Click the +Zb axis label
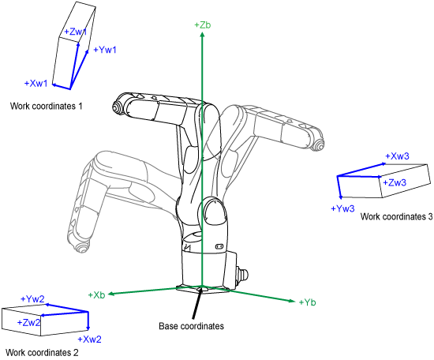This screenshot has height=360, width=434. (203, 25)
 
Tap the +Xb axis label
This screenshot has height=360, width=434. (96, 295)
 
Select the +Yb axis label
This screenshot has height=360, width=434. (307, 302)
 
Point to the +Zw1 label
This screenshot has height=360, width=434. (76, 32)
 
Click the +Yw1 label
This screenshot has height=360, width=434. (105, 50)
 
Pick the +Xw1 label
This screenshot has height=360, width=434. (36, 83)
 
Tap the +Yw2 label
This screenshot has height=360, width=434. (32, 298)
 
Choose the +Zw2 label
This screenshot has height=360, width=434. (28, 322)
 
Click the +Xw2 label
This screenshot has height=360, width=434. (89, 339)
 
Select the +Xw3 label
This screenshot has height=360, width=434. (397, 156)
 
